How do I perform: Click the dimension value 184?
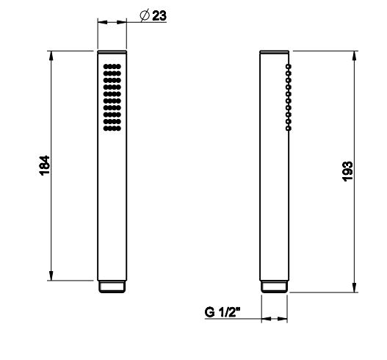click(x=44, y=166)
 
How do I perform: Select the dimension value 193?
click(x=348, y=170)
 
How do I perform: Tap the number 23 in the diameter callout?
click(x=159, y=16)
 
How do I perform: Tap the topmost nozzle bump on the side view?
click(x=289, y=67)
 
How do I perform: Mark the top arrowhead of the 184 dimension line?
click(x=51, y=56)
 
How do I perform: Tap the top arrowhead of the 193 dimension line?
click(x=356, y=56)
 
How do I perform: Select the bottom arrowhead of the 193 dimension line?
click(x=356, y=288)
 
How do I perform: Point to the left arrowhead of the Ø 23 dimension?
click(x=101, y=23)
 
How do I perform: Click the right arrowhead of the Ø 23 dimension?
click(x=123, y=23)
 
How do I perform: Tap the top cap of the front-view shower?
click(x=112, y=53)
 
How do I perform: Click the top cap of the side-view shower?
click(x=275, y=53)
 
